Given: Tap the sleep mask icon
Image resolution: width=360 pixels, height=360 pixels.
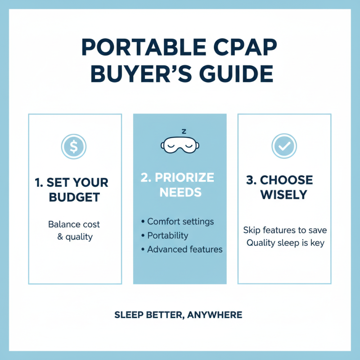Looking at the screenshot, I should (x=180, y=145).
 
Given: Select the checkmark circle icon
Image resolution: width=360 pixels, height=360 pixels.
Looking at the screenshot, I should (x=284, y=145).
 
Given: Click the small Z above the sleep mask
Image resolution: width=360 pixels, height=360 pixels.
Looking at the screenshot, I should (x=183, y=131).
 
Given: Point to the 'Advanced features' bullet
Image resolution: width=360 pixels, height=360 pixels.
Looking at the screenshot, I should (x=184, y=249).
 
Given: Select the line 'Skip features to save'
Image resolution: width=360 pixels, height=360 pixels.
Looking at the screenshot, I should (x=285, y=230).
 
